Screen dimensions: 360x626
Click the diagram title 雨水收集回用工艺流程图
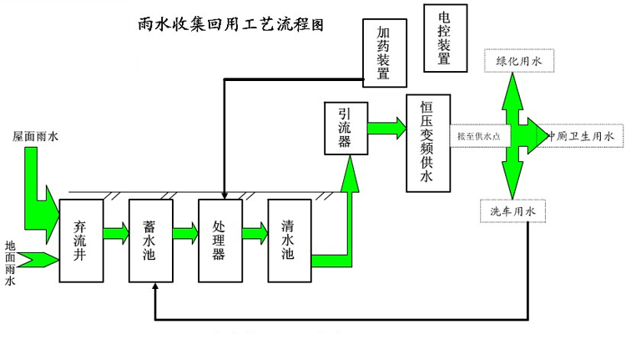(230, 25)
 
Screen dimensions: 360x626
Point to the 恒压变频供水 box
(427, 143)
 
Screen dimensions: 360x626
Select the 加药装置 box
(384, 53)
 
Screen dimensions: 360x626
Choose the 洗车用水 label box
(512, 211)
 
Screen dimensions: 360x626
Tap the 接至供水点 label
(479, 136)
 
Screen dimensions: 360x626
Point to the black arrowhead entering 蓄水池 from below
(155, 287)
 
